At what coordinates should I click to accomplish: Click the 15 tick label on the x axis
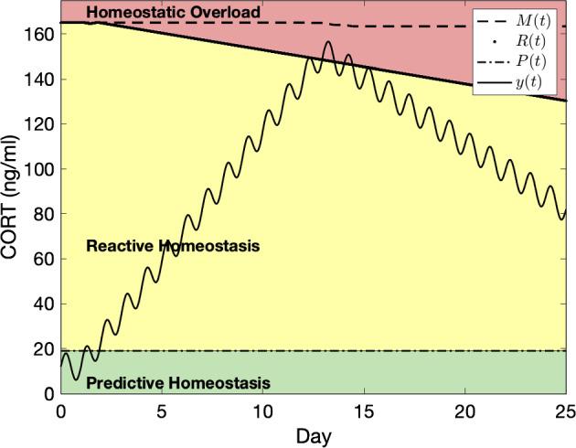(x=365, y=411)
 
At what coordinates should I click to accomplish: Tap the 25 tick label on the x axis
(x=567, y=411)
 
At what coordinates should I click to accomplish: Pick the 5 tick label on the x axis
(x=162, y=411)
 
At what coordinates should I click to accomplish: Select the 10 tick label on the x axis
(x=263, y=411)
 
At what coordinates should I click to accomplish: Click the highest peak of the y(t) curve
(x=328, y=42)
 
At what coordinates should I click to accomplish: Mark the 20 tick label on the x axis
(x=465, y=411)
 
